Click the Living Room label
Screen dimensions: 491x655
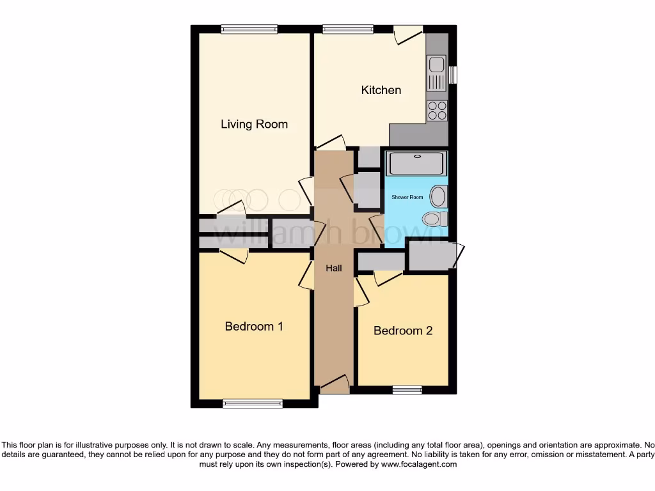[x=254, y=124]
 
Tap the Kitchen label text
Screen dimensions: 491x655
[x=381, y=90]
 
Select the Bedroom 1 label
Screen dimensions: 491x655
[x=254, y=327]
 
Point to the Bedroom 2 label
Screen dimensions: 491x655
[x=403, y=331]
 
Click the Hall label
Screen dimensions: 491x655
[x=333, y=269]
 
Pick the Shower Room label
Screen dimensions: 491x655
[x=407, y=197]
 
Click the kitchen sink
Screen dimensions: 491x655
[x=437, y=72]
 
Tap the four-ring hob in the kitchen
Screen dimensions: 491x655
[x=437, y=111]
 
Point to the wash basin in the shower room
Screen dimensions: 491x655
[x=439, y=194]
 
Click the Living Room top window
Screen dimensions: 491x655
[x=249, y=28]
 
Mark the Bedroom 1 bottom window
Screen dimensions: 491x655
[x=253, y=403]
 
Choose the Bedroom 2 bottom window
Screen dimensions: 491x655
[x=407, y=389]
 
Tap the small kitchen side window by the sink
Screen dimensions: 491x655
[x=453, y=75]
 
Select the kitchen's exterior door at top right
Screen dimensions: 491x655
[x=407, y=33]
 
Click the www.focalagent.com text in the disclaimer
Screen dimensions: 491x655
[x=419, y=465]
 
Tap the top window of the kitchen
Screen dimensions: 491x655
[x=348, y=28]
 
